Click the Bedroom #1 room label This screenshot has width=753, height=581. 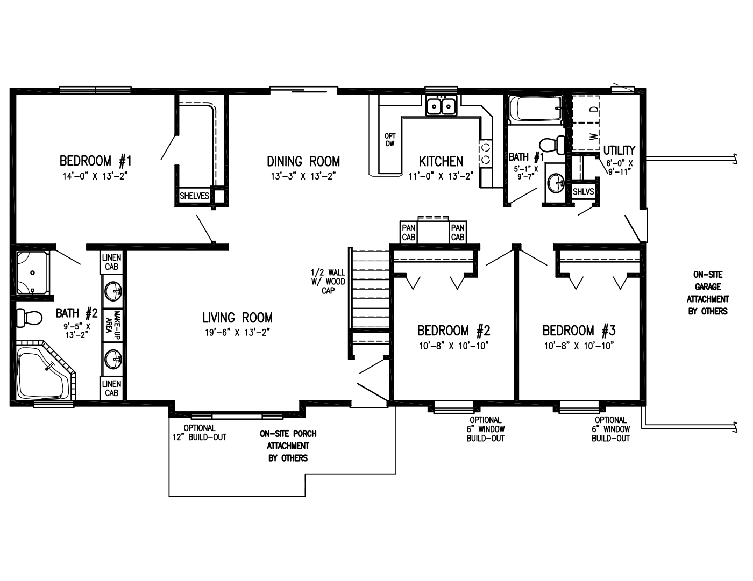96,161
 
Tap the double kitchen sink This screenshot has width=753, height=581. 441,105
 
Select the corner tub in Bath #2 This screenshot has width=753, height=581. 46,370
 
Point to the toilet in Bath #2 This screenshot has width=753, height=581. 30,317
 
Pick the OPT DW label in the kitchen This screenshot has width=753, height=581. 390,140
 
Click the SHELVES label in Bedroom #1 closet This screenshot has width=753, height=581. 194,196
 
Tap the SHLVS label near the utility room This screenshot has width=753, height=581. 583,191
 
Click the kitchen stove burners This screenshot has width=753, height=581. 485,153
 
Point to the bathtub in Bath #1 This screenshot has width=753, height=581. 536,110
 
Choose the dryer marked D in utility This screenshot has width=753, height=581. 586,109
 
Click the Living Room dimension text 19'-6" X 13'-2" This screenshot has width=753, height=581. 237,332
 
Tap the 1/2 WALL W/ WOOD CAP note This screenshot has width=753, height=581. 328,282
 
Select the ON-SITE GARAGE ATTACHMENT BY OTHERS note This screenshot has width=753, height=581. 708,293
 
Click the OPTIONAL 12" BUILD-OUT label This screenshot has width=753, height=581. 200,433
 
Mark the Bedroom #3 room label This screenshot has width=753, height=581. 579,331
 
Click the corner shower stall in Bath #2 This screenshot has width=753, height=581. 33,273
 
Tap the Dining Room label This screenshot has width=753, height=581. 303,161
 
